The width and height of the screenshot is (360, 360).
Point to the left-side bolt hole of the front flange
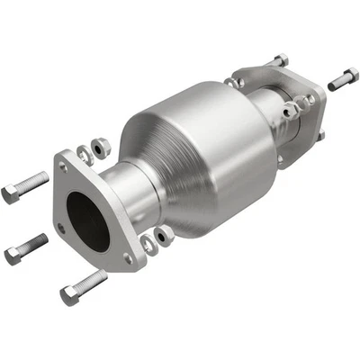61,229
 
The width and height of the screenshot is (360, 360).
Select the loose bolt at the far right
343,78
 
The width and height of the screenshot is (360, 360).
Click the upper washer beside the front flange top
84,152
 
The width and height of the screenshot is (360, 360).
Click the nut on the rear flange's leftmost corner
233,83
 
